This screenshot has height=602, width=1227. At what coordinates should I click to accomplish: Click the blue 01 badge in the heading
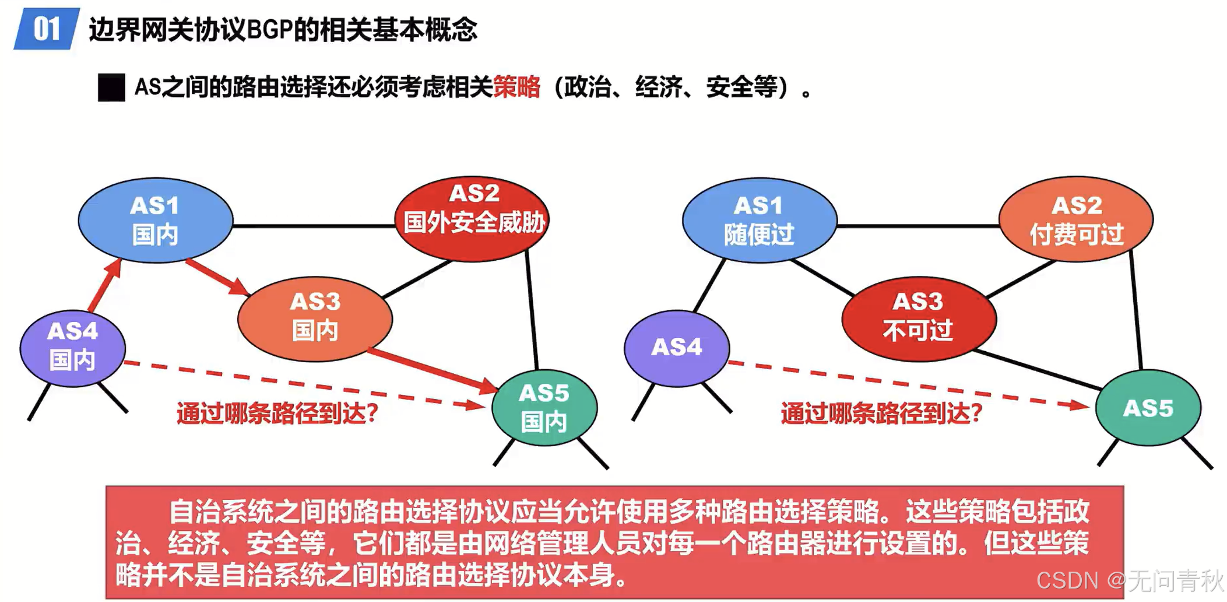(46, 29)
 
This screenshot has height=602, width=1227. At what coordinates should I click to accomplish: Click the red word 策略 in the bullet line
(516, 87)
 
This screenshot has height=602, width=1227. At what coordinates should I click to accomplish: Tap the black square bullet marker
(111, 87)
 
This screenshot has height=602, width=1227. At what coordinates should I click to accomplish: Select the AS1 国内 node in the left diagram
(155, 220)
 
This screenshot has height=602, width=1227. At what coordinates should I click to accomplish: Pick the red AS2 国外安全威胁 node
(472, 219)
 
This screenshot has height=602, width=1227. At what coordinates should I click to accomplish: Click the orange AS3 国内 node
(315, 318)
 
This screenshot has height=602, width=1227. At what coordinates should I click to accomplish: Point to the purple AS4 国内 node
(72, 348)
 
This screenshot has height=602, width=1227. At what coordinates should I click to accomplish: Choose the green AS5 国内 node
(544, 407)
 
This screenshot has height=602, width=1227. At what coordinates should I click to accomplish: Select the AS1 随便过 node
(759, 220)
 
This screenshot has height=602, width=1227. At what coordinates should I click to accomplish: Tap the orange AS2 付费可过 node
(1075, 219)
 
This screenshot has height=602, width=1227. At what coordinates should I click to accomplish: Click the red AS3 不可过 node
(919, 318)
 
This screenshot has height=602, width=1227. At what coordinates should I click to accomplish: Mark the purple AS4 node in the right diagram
(676, 348)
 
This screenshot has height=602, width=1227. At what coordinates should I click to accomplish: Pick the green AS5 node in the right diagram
(1148, 408)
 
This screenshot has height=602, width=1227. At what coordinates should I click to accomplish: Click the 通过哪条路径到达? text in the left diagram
(277, 414)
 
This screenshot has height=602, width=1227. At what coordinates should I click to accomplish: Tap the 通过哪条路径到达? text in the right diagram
(881, 414)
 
